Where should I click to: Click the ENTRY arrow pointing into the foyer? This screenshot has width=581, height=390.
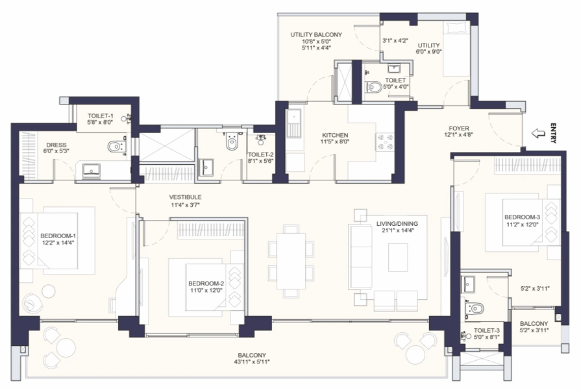pyautogui.click(x=538, y=134)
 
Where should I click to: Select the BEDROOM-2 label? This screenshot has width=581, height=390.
pyautogui.click(x=206, y=284)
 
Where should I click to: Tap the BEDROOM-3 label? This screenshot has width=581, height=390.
pyautogui.click(x=521, y=217)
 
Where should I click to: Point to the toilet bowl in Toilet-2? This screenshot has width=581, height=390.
pyautogui.click(x=231, y=142)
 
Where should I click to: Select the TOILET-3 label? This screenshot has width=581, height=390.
pyautogui.click(x=486, y=330)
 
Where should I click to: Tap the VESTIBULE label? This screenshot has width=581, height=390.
pyautogui.click(x=186, y=197)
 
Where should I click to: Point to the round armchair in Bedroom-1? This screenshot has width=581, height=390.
pyautogui.click(x=31, y=302)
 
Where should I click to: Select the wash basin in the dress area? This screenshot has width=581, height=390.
pyautogui.click(x=92, y=170)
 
